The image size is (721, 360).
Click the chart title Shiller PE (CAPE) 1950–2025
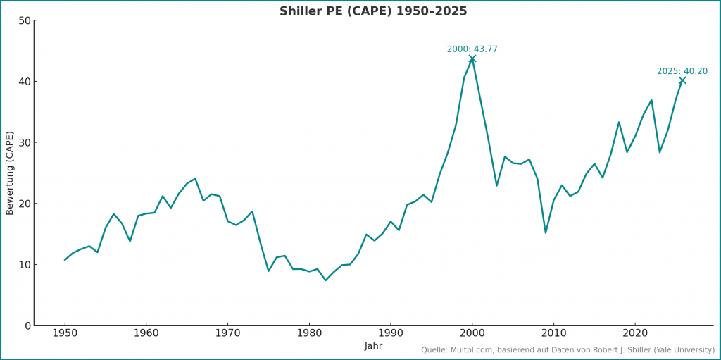click(373, 11)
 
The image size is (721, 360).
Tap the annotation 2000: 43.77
click(472, 49)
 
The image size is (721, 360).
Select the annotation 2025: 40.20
click(682, 71)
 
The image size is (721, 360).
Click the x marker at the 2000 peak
click(472, 58)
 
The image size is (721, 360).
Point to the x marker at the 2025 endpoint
click(682, 80)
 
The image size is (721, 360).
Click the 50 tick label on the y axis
click(25, 20)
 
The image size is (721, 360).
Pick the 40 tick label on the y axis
click(25, 82)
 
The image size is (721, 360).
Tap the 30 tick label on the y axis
click(25, 142)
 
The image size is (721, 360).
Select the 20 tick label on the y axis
click(25, 204)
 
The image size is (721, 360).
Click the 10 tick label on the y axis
click(25, 265)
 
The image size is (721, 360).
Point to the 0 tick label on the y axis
click(27, 325)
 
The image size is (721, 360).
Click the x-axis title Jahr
click(373, 346)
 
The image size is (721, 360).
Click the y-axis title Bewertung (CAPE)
click(10, 173)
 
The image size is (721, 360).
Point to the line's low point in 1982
click(325, 280)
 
